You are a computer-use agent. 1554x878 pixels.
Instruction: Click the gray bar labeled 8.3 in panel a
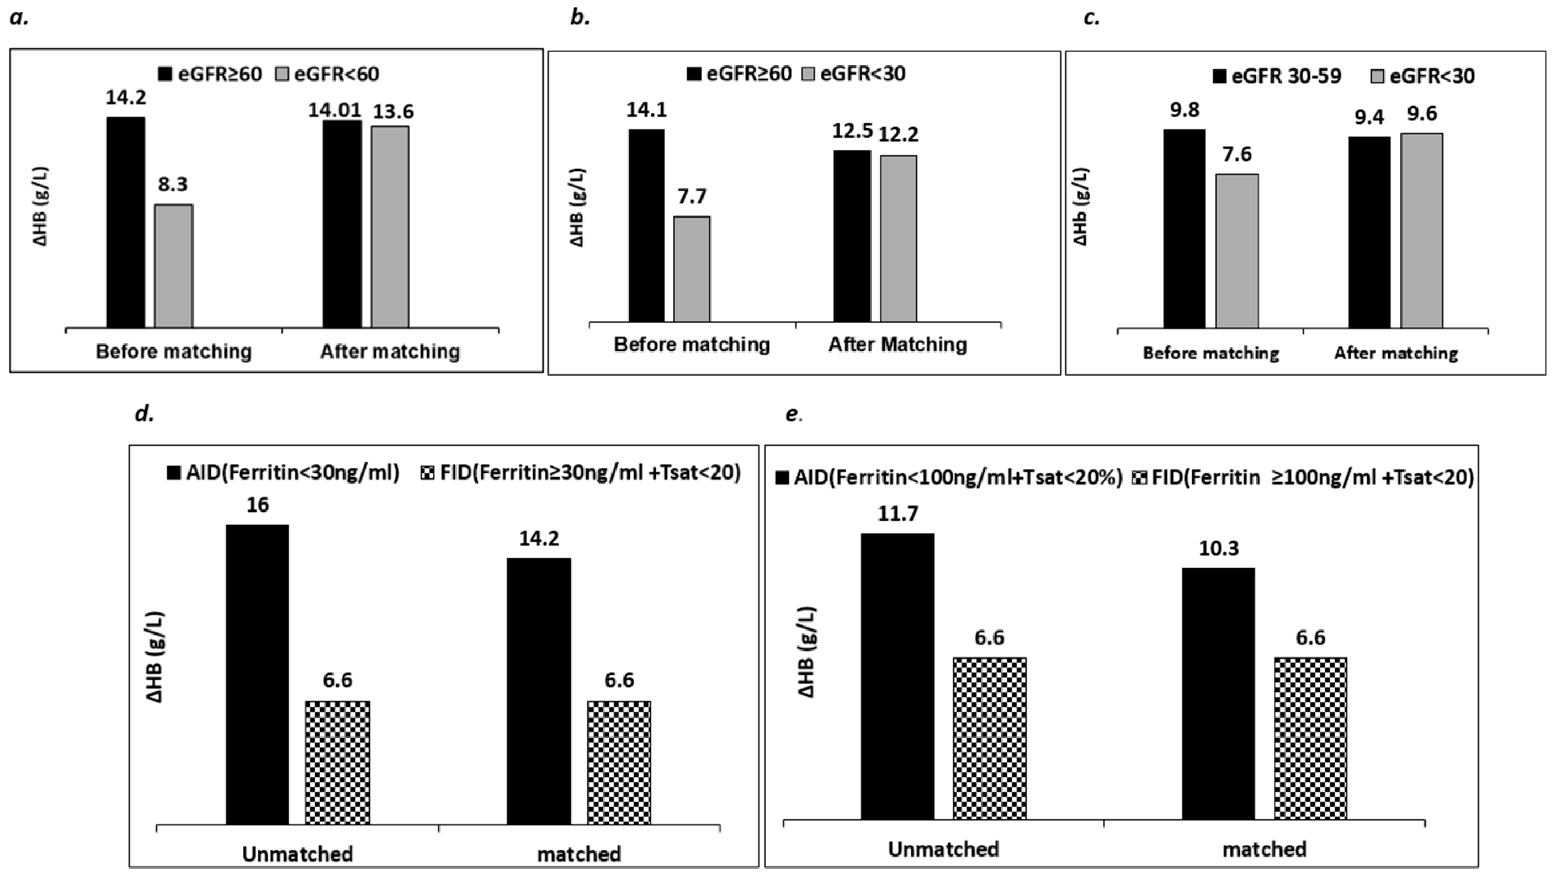pyautogui.click(x=174, y=266)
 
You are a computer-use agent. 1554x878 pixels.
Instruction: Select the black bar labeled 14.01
pyautogui.click(x=342, y=224)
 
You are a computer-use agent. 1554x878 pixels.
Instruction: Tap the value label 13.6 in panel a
pyautogui.click(x=393, y=112)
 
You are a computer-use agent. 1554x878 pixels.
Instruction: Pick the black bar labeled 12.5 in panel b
pyautogui.click(x=852, y=236)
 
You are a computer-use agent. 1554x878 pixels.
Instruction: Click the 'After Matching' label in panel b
pyautogui.click(x=898, y=345)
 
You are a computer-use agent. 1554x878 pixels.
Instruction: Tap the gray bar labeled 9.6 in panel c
pyautogui.click(x=1421, y=231)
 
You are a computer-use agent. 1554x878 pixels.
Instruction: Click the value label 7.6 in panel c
pyautogui.click(x=1237, y=155)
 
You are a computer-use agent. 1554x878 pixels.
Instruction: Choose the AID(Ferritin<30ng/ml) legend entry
pyautogui.click(x=283, y=473)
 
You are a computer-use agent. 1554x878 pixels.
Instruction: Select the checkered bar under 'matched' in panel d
pyautogui.click(x=619, y=762)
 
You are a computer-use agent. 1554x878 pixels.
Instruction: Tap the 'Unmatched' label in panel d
pyautogui.click(x=298, y=854)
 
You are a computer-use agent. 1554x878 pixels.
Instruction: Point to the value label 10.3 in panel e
pyautogui.click(x=1219, y=548)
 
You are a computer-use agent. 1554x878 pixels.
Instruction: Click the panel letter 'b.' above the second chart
pyautogui.click(x=580, y=18)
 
